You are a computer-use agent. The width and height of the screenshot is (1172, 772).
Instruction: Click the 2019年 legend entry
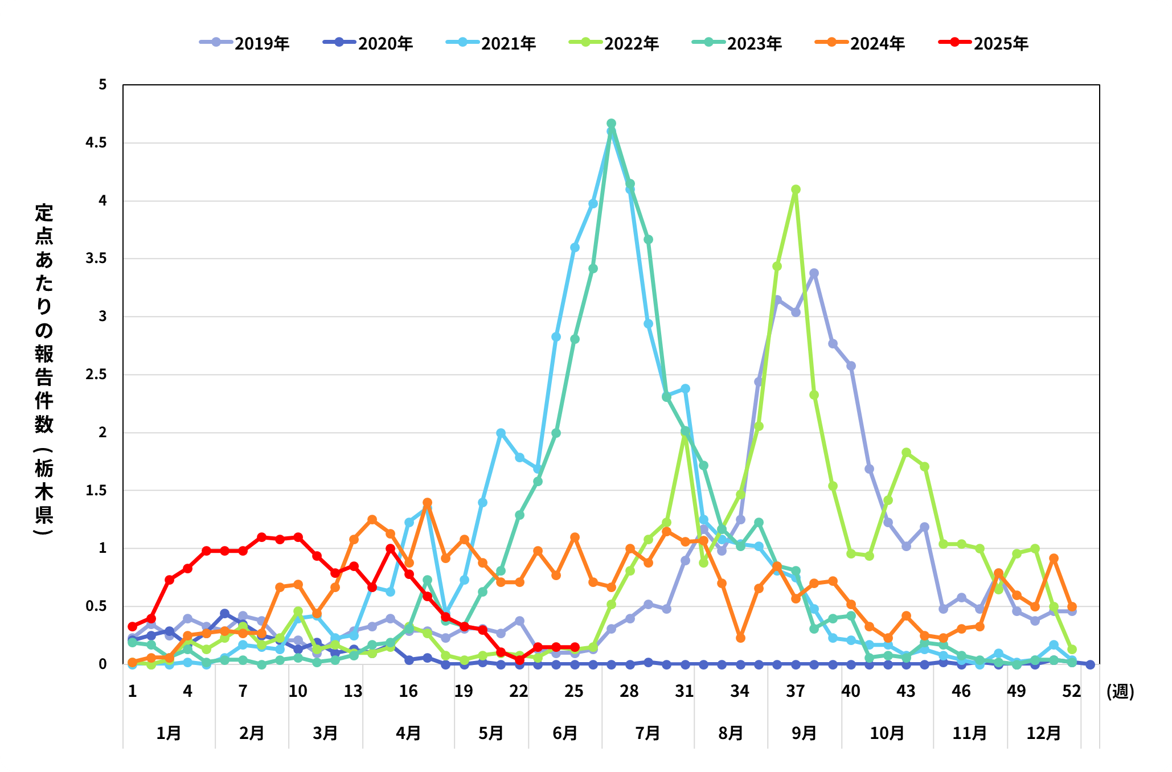(245, 43)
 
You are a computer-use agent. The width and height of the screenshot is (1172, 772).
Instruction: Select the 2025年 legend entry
(984, 43)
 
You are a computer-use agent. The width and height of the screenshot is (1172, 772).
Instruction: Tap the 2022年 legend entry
(614, 43)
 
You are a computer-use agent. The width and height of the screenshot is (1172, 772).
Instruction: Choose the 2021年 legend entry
(491, 43)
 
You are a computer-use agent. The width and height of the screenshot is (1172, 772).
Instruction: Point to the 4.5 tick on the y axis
(96, 142)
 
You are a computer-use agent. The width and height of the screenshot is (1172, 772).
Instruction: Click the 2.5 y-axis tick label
(96, 374)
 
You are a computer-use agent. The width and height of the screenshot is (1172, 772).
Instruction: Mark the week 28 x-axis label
(629, 691)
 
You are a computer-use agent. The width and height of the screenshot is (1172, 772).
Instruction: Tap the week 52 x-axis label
(1071, 691)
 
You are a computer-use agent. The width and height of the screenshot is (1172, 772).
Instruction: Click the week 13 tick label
(353, 691)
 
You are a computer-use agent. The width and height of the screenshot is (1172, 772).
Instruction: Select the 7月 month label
(648, 733)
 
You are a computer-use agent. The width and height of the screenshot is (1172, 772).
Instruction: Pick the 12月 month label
(1043, 733)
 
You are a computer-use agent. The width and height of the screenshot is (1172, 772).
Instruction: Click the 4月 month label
(408, 733)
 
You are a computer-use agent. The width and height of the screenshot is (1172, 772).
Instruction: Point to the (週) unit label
(1120, 691)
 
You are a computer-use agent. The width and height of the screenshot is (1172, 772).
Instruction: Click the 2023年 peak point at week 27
(611, 124)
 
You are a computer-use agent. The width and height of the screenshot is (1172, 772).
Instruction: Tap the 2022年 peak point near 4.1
(796, 190)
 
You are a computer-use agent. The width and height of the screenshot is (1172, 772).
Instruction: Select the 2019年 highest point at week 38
(814, 273)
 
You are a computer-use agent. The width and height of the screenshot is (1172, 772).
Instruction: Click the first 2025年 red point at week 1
(133, 627)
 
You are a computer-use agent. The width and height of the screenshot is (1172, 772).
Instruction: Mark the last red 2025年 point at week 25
(575, 647)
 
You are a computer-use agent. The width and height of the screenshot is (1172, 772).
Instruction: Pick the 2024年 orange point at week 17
(427, 503)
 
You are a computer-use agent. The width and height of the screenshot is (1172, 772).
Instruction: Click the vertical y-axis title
(44, 370)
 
